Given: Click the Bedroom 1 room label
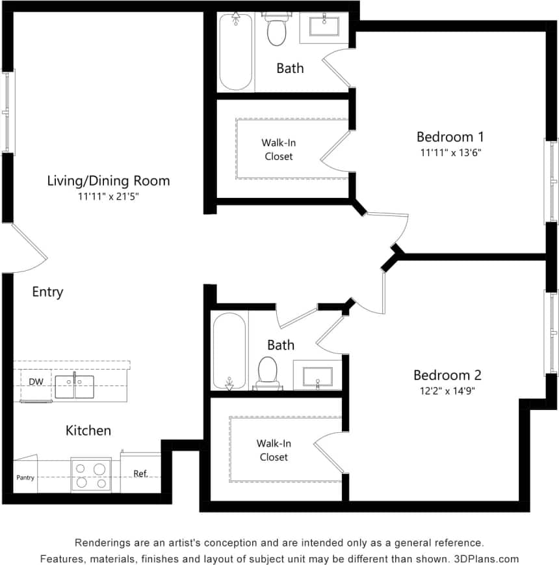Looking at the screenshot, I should [450, 137].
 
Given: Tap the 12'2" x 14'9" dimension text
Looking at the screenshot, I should [447, 391].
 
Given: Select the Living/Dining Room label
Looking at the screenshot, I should [109, 180].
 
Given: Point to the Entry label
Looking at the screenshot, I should [47, 292].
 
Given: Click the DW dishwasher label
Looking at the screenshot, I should [36, 382].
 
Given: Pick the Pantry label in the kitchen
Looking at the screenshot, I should [25, 478].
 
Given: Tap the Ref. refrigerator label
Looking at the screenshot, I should [141, 474].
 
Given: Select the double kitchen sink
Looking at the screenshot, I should [74, 387].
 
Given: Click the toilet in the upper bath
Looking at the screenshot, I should [276, 30].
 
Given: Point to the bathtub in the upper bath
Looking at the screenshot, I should [235, 53].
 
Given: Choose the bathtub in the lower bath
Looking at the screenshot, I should [229, 351].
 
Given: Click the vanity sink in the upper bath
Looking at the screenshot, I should [323, 27].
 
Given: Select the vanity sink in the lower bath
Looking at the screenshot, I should [317, 376].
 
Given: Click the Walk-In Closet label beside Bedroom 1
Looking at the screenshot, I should [278, 149].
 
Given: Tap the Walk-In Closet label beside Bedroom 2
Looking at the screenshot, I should [273, 450].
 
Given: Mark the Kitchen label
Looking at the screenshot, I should [88, 430].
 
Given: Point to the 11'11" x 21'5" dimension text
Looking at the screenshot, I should [109, 196].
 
